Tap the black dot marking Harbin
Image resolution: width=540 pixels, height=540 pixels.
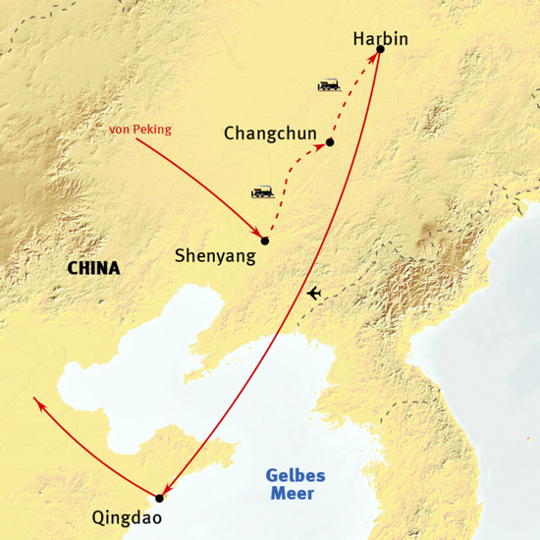coord(380,49)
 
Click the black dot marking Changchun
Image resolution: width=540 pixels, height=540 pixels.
coord(330,142)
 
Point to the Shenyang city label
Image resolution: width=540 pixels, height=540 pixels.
coord(214,256)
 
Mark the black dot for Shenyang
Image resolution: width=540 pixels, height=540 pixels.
coord(265,241)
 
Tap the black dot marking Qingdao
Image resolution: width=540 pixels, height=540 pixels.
coord(159,498)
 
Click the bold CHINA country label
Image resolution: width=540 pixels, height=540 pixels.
coord(93,268)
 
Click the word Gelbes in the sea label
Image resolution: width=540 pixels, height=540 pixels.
coord(296,475)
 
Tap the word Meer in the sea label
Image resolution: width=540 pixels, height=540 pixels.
coord(295,494)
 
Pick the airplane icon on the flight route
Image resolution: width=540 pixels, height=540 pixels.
coord(313,294)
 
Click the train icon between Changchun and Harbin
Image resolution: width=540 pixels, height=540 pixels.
coord(328,85)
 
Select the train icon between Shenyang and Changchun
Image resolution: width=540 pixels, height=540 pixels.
coord(262,192)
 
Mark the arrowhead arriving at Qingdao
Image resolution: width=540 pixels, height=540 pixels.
coord(167,490)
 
